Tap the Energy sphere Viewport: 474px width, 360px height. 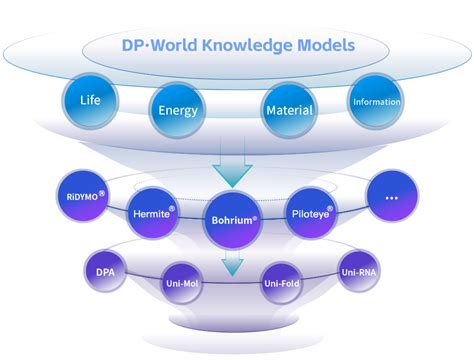pyautogui.click(x=178, y=111)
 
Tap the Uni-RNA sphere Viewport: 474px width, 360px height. pyautogui.click(x=358, y=272)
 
